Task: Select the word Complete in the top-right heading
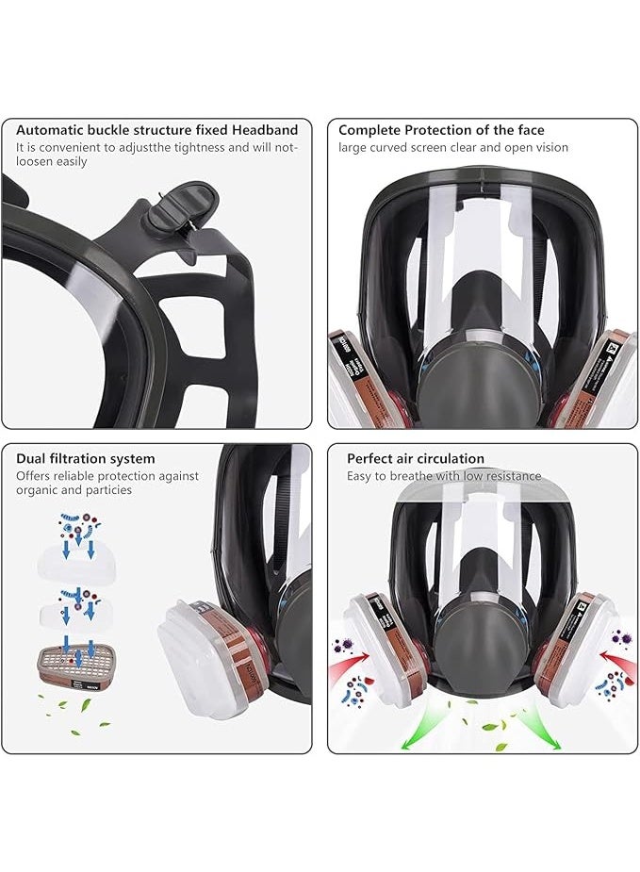point(370,130)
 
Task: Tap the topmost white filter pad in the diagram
point(75,565)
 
